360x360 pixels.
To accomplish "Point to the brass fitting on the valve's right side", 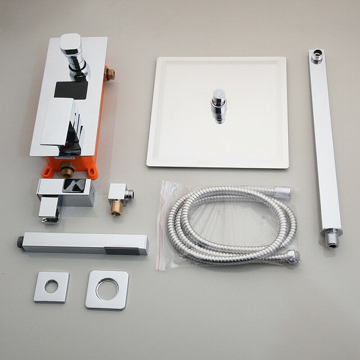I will [x=110, y=74].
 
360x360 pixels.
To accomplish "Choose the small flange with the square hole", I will [x=51, y=287].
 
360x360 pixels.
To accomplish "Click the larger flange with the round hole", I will [x=107, y=290].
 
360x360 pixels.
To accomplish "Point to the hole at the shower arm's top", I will [x=316, y=58].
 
